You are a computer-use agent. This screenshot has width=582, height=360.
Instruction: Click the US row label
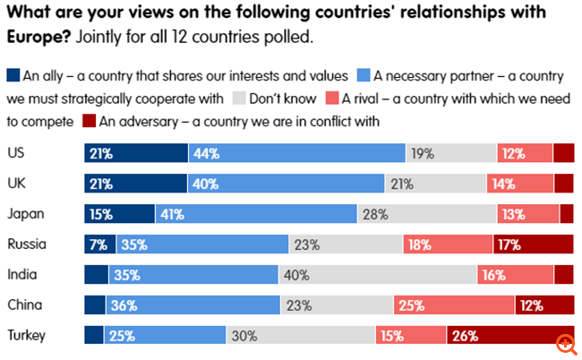pyautogui.click(x=15, y=152)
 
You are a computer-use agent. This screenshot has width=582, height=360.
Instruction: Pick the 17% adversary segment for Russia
pyautogui.click(x=533, y=244)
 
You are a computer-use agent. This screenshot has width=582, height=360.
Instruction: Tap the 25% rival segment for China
pyautogui.click(x=454, y=305)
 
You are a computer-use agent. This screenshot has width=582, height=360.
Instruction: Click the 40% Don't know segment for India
pyautogui.click(x=381, y=275)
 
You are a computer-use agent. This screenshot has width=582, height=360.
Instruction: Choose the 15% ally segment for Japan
pyautogui.click(x=119, y=214)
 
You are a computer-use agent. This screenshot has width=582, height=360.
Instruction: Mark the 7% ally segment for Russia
pyautogui.click(x=96, y=244)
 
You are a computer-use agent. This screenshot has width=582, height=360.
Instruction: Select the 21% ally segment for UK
pyautogui.click(x=135, y=184)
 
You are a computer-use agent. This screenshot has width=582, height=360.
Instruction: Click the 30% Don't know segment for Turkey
pyautogui.click(x=300, y=336)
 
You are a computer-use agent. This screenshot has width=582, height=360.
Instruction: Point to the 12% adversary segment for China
pyautogui.click(x=543, y=305)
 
